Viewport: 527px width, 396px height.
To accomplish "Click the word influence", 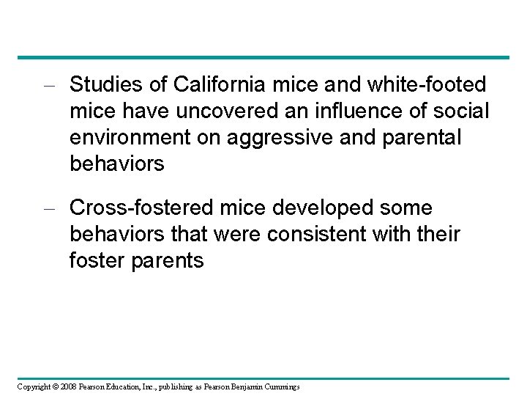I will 352,111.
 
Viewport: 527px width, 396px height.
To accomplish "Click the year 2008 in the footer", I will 68,386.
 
